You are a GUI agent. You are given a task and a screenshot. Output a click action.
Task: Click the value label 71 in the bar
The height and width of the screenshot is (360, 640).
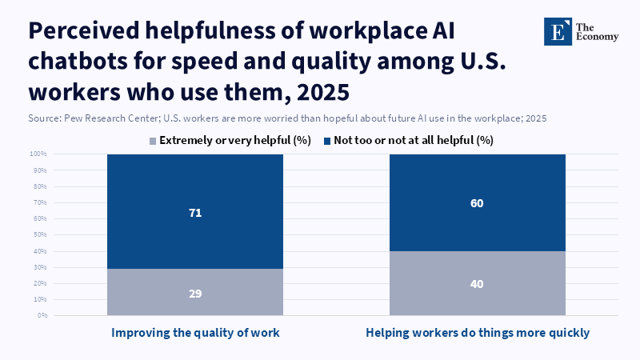coord(195,212)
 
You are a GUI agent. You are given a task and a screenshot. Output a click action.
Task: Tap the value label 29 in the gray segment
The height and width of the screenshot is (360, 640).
coord(195,293)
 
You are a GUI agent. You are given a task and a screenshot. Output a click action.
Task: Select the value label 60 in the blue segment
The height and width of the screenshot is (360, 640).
coord(478,203)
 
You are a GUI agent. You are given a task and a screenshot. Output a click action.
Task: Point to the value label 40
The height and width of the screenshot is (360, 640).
coord(478,284)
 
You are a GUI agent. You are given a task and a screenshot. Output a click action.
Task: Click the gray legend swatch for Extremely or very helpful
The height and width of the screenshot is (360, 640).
coord(152,141)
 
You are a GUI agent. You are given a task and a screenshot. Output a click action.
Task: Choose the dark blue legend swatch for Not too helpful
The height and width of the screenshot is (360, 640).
coord(326,141)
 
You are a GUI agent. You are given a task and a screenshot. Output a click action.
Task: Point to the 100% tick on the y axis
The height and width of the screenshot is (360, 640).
coord(38,154)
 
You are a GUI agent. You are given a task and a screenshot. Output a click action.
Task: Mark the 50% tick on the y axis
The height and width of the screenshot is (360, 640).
coord(39,234)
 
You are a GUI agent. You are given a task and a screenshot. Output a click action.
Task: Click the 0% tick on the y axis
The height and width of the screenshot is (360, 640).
coord(42,315)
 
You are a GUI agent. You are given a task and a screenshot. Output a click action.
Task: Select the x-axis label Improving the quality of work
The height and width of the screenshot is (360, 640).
coord(195,332)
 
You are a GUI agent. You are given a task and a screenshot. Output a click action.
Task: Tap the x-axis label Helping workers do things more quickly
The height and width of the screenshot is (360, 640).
coord(478,332)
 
